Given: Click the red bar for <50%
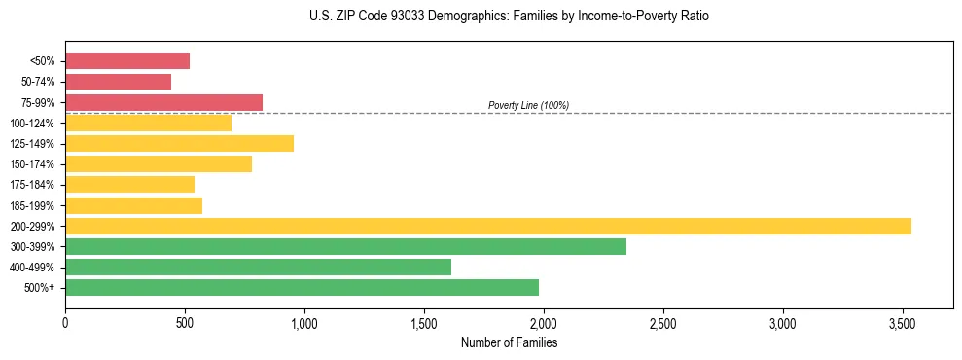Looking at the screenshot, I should point(127,60).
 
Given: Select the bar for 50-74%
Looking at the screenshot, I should point(118,82).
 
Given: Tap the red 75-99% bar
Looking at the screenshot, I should point(163,102).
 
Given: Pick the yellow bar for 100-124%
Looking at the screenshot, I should point(148,123).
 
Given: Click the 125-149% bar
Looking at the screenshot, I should point(179,143).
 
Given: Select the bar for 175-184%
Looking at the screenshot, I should point(129,184).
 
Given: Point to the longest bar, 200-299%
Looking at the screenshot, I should point(487,226).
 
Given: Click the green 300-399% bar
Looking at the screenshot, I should point(345,246).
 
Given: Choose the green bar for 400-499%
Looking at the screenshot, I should point(258,267).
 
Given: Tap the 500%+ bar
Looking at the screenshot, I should point(302,287).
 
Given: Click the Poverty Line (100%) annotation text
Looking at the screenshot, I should point(528,105).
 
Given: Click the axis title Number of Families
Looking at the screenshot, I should point(509,342).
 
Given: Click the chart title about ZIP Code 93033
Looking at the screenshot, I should point(510,17).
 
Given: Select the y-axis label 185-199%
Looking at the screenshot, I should point(32,205).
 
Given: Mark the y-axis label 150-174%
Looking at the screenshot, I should point(32,164).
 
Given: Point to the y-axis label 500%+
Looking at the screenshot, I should point(39,288).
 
